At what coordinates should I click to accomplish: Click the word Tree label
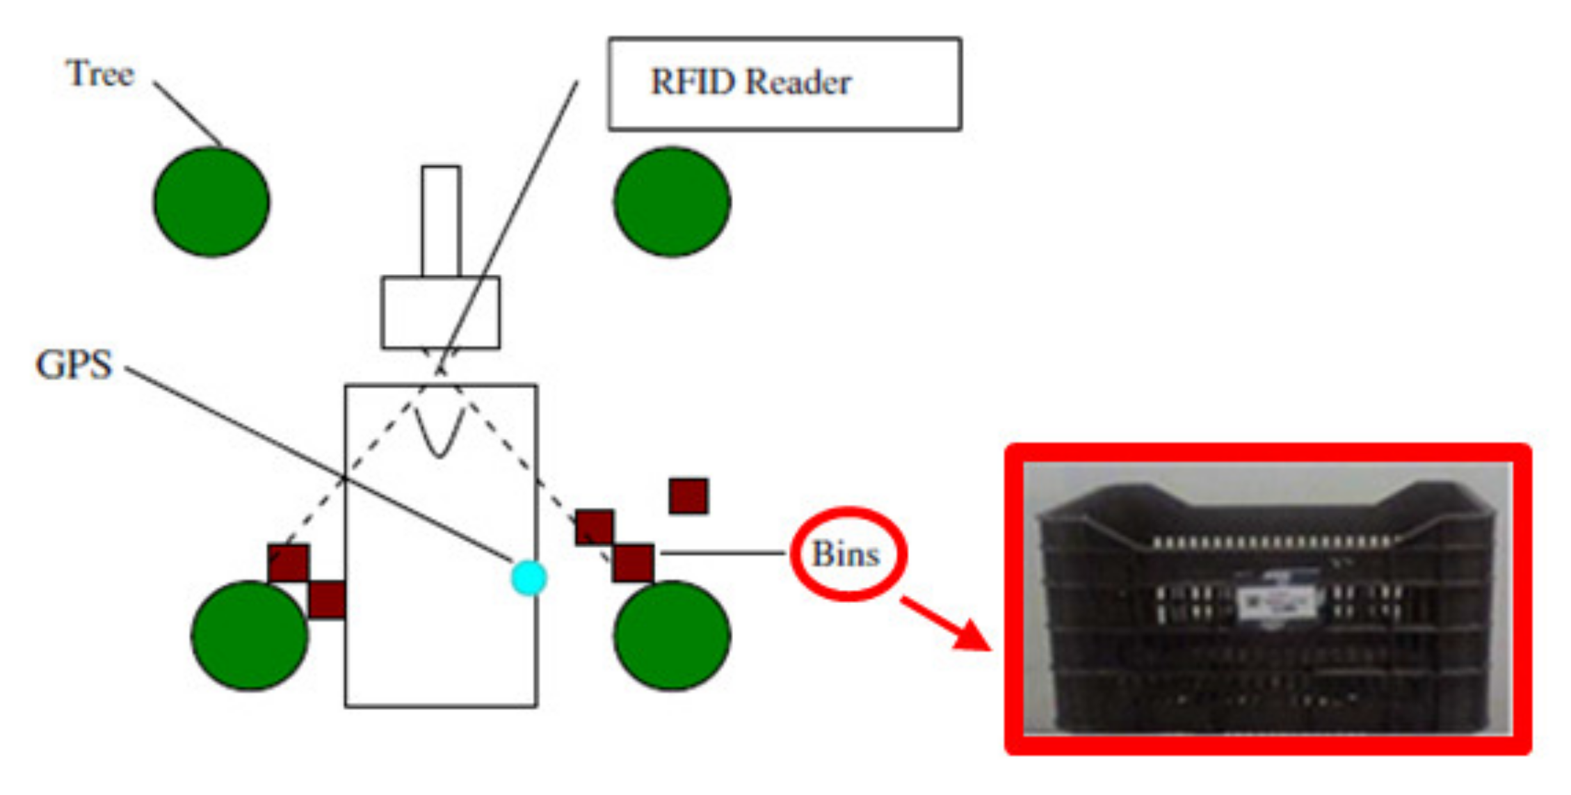99,73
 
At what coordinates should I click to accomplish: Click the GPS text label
74,364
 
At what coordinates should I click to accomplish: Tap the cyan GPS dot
529,577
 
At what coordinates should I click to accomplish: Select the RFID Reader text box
784,83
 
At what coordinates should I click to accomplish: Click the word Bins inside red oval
846,554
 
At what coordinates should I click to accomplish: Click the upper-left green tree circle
211,202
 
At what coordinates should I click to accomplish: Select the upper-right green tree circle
672,202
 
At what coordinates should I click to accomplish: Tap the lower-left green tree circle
249,636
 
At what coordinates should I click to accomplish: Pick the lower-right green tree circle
672,636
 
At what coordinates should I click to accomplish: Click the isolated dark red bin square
688,496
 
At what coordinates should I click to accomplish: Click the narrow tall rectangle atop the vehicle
441,221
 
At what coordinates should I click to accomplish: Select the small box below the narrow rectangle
440,312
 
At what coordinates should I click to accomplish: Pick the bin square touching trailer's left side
327,600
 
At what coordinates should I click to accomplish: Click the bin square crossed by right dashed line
595,527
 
